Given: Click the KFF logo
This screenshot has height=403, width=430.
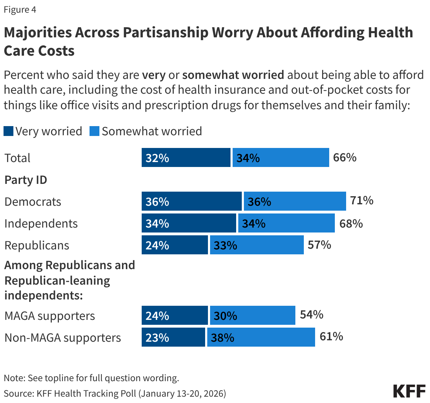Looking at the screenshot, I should [409, 391].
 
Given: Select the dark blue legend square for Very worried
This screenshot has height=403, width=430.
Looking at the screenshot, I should [8, 131].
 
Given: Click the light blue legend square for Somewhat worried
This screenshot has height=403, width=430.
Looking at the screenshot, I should [94, 131].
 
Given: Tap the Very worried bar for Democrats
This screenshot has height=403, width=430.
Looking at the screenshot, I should [191, 201].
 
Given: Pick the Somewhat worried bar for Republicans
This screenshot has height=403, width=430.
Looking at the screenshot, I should [257, 245].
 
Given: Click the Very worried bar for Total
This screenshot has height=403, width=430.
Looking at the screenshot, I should [186, 157].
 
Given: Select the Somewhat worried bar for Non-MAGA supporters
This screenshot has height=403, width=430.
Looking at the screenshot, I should [261, 337].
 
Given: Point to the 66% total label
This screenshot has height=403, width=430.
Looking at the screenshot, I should [345, 157].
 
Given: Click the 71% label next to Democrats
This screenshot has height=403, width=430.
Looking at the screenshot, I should [362, 200].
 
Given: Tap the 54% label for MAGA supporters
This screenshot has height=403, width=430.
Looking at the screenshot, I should [312, 315].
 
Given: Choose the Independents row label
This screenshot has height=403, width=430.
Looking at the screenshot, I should [41, 224].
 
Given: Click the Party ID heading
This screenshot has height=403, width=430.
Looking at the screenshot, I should [26, 180].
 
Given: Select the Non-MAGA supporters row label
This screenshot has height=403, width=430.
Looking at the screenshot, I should [63, 338].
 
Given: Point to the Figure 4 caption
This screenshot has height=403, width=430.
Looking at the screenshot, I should [20, 10].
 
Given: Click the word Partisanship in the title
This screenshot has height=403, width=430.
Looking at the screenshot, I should [165, 32].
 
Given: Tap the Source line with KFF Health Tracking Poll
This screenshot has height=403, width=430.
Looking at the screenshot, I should [115, 393].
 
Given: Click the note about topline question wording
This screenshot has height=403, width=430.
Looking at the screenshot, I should [91, 378].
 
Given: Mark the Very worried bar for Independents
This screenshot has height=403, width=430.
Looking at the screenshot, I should [189, 223].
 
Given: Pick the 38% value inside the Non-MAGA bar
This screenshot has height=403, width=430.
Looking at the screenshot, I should [222, 338].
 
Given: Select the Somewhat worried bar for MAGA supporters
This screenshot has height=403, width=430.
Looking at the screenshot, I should [252, 316].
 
